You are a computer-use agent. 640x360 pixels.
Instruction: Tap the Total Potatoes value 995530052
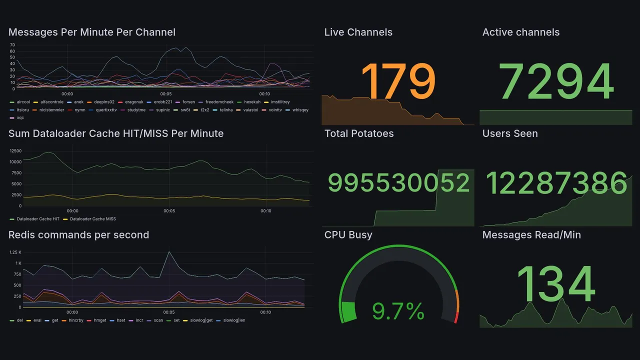398,183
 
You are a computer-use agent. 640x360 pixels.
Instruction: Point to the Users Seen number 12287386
556,183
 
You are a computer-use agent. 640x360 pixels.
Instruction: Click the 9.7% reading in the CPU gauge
398,312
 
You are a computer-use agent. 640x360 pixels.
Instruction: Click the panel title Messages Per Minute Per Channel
92,32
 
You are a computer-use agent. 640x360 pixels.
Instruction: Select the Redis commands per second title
78,235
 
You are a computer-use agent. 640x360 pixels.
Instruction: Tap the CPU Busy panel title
348,235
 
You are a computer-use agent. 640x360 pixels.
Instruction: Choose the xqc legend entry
20,118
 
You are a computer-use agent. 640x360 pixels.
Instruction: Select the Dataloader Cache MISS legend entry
92,219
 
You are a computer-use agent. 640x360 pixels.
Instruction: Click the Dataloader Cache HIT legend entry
37,219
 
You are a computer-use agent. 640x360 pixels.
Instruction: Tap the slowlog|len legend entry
233,320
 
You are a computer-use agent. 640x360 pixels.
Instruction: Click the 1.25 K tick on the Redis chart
15,252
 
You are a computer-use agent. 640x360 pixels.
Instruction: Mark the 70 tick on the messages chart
12,45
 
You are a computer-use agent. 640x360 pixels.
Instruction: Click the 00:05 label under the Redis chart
169,312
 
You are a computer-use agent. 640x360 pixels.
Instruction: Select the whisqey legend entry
300,110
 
